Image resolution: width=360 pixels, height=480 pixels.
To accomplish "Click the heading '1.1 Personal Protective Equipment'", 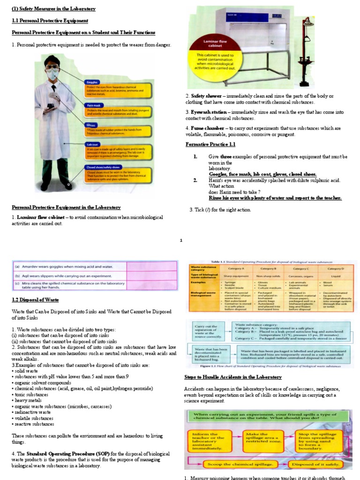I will click(50, 21).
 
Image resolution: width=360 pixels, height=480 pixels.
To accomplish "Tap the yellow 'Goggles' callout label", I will click(92, 82).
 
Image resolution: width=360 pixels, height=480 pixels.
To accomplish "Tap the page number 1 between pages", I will click(180, 240).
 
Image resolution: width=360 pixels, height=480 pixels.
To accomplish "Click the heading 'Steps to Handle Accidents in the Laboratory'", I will click(233, 377).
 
